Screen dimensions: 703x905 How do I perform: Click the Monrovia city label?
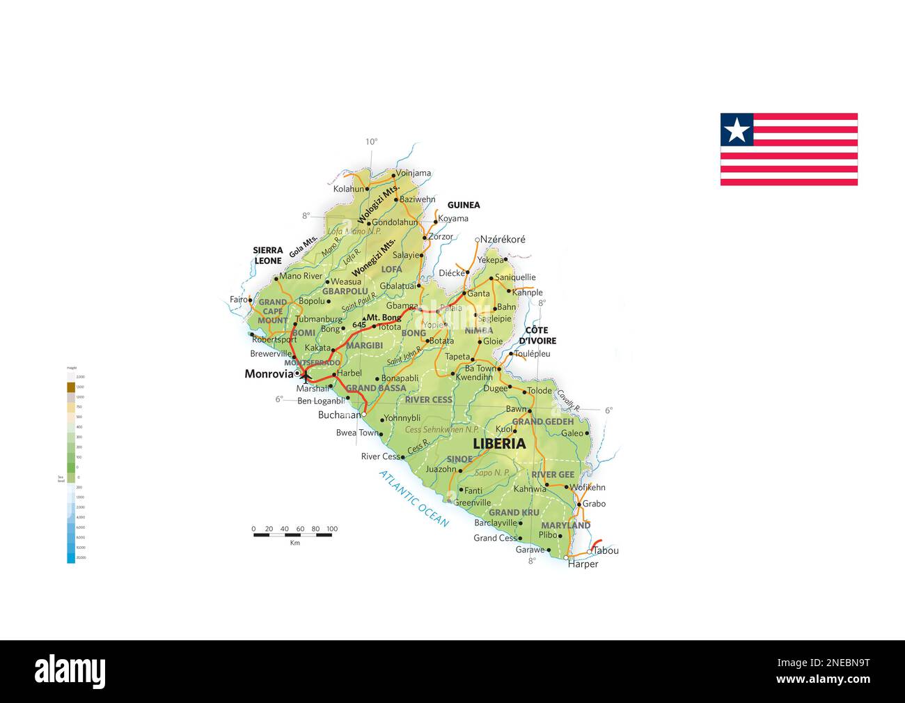pos(269,374)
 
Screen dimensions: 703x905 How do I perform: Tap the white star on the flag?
pos(737,130)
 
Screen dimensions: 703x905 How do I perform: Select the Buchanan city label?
pos(339,415)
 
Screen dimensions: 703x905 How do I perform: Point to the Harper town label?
pos(583,564)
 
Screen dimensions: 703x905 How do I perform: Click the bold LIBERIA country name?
pos(499,444)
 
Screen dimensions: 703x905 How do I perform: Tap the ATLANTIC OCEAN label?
pos(414,498)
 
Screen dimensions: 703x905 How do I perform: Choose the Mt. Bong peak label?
pos(384,318)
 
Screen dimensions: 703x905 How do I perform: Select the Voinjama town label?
pos(414,173)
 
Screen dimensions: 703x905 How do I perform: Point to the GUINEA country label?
pos(464,205)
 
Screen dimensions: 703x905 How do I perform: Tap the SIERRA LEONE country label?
pos(268,256)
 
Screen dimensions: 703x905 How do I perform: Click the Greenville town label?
pos(472,502)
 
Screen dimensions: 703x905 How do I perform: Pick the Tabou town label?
pos(606,550)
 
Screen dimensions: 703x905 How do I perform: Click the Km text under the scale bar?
pos(294,543)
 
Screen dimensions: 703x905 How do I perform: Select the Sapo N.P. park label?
pos(492,473)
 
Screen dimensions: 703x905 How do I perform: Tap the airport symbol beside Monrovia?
pos(305,376)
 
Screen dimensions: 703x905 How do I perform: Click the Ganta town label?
pos(478,293)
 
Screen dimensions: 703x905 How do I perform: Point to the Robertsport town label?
pos(274,339)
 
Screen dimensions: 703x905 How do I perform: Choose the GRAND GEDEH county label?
pos(543,422)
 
